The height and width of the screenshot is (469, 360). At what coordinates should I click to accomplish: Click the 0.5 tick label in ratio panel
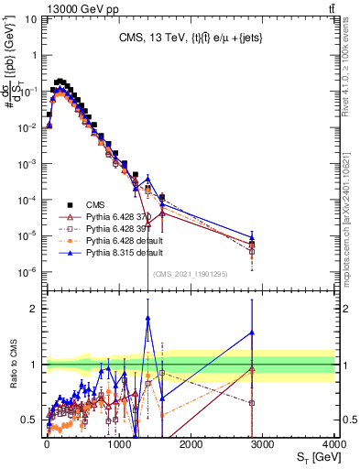point(30,420)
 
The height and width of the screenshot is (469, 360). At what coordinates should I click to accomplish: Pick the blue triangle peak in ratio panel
point(147,317)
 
